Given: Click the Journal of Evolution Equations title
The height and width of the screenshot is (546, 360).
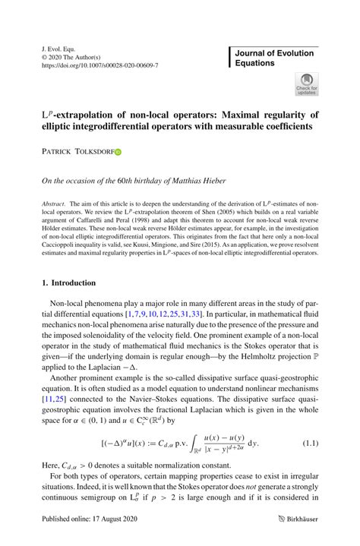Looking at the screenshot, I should pos(276,58).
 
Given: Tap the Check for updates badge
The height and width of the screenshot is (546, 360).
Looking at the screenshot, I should pos(307,84).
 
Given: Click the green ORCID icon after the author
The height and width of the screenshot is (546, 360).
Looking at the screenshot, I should pos(118,152).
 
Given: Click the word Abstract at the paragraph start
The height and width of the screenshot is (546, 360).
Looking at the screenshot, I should pos(52,206).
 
